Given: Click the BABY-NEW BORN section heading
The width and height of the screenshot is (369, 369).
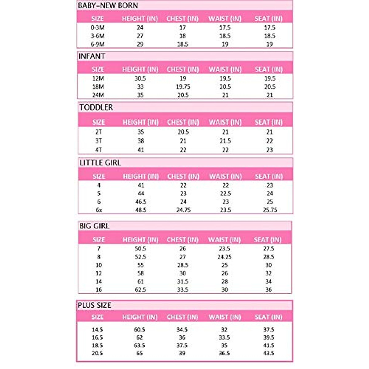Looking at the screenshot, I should pyautogui.click(x=108, y=6).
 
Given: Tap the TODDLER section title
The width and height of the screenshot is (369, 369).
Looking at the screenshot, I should pyautogui.click(x=96, y=107).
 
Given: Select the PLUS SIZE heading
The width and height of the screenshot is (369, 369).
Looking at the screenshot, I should pyautogui.click(x=94, y=305).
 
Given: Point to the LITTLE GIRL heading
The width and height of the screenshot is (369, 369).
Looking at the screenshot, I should pyautogui.click(x=100, y=163).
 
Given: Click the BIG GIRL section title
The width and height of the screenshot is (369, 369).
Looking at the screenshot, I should pyautogui.click(x=94, y=226).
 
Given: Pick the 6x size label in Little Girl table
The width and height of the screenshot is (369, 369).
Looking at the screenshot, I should pyautogui.click(x=99, y=210).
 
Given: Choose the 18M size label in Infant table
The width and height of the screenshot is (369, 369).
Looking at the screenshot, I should pyautogui.click(x=98, y=87).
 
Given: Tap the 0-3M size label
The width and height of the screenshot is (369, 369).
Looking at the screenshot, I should pyautogui.click(x=97, y=28).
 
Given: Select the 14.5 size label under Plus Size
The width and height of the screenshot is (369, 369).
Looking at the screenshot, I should pyautogui.click(x=97, y=330).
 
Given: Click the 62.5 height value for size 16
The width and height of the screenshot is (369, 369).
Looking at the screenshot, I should pyautogui.click(x=140, y=290).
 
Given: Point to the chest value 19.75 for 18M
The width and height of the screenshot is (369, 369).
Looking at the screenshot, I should pyautogui.click(x=183, y=87).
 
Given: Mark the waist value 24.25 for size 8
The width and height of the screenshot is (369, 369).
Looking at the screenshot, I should pyautogui.click(x=224, y=257).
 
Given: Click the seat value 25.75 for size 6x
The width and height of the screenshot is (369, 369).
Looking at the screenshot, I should pyautogui.click(x=270, y=210).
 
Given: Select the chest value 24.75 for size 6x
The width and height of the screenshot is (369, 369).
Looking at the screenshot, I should pyautogui.click(x=183, y=210).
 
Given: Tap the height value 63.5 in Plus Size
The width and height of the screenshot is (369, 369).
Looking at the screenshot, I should pyautogui.click(x=140, y=346).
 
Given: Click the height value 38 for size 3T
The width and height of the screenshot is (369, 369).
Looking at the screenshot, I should pyautogui.click(x=141, y=141).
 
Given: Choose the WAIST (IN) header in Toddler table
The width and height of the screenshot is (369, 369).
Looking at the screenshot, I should pyautogui.click(x=225, y=122).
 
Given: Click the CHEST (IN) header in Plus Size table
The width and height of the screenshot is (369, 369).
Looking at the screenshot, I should pyautogui.click(x=182, y=317).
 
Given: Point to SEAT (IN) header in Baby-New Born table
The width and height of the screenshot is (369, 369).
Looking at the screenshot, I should pyautogui.click(x=268, y=18).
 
